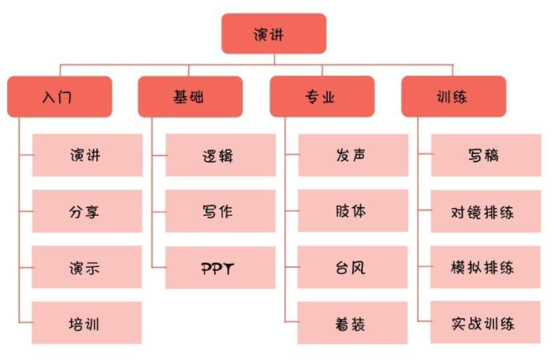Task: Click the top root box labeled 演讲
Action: coord(273,34)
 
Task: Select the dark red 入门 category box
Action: coord(60,97)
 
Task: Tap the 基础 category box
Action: coord(190,97)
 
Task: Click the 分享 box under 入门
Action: coord(87,211)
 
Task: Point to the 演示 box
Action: coord(87,267)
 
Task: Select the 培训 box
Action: coord(87,323)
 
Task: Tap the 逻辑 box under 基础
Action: coord(220,155)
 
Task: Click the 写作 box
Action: coord(220,211)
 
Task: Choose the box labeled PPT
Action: coord(220,267)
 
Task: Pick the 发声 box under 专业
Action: coord(352,155)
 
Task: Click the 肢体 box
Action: coord(352,211)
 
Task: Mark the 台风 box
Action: coord(352,267)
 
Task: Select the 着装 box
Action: coord(352,323)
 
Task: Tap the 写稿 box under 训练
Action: coord(485,155)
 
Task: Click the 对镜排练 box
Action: coord(485,211)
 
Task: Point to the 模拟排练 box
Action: coord(485,267)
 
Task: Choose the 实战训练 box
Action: coord(485,323)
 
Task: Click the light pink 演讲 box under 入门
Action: coord(87,155)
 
